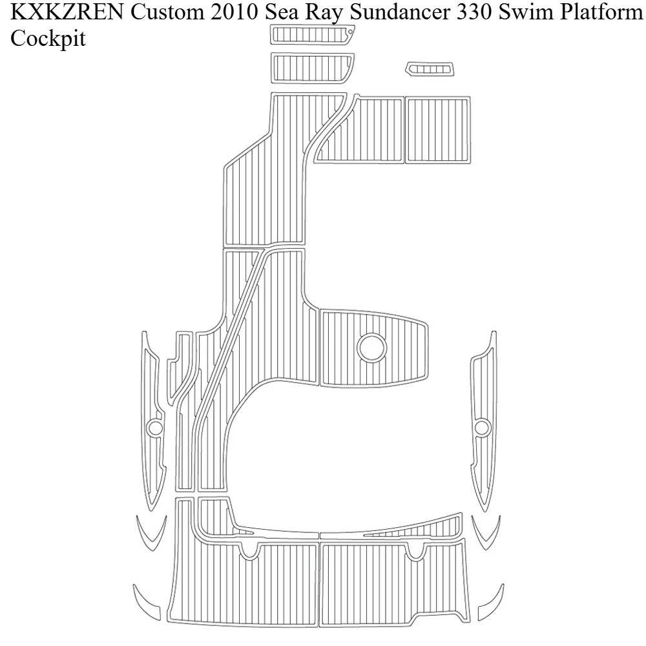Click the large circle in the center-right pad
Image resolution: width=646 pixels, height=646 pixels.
click(371, 347)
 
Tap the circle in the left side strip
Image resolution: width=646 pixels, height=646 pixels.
click(154, 428)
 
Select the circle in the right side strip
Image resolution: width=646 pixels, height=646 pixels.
click(481, 428)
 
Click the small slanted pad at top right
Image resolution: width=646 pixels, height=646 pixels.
click(430, 68)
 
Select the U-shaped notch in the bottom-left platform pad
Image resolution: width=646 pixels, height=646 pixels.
click(248, 550)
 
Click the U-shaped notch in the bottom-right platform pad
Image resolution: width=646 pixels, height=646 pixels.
click(416, 550)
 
